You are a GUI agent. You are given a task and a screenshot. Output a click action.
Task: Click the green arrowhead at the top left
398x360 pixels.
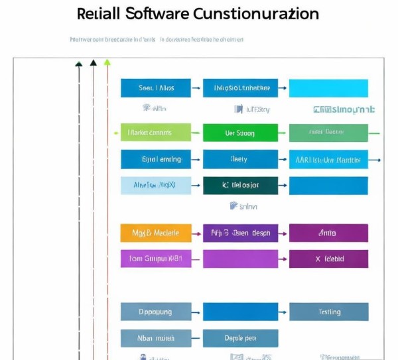coord(107,62)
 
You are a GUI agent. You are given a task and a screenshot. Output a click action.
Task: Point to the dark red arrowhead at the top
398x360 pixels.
coord(93,63)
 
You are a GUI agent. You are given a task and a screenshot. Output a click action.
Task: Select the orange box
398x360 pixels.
coord(155,233)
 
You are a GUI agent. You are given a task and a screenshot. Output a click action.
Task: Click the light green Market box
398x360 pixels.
coord(155,133)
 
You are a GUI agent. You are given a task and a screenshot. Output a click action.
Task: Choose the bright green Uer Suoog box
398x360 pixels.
coord(240,133)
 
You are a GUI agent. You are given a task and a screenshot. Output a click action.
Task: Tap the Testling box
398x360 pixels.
coord(328,312)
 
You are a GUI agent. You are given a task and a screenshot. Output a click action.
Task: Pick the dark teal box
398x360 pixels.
coord(240,186)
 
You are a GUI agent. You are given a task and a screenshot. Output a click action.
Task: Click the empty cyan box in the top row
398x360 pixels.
coord(328,88)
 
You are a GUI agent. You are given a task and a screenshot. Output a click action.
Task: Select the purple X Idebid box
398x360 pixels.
coord(328,259)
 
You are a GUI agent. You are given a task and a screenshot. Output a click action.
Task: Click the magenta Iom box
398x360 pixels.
coord(155,259)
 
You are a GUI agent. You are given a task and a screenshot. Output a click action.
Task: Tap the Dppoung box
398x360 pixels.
coord(155,312)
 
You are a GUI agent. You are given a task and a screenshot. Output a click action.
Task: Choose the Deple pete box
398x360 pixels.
coord(240,338)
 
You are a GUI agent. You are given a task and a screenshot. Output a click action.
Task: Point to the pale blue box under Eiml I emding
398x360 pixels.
coord(155,186)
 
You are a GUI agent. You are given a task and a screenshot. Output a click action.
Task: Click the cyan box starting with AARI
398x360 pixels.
coord(328,160)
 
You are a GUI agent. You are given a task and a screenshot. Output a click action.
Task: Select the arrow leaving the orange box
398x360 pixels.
coord(196,233)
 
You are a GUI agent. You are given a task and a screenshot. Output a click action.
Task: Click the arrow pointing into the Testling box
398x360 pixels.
coord(284,312)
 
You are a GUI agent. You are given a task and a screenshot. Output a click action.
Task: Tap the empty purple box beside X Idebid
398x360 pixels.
coord(240,259)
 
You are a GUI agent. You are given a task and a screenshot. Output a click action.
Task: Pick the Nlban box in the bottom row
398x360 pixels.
coord(155,338)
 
